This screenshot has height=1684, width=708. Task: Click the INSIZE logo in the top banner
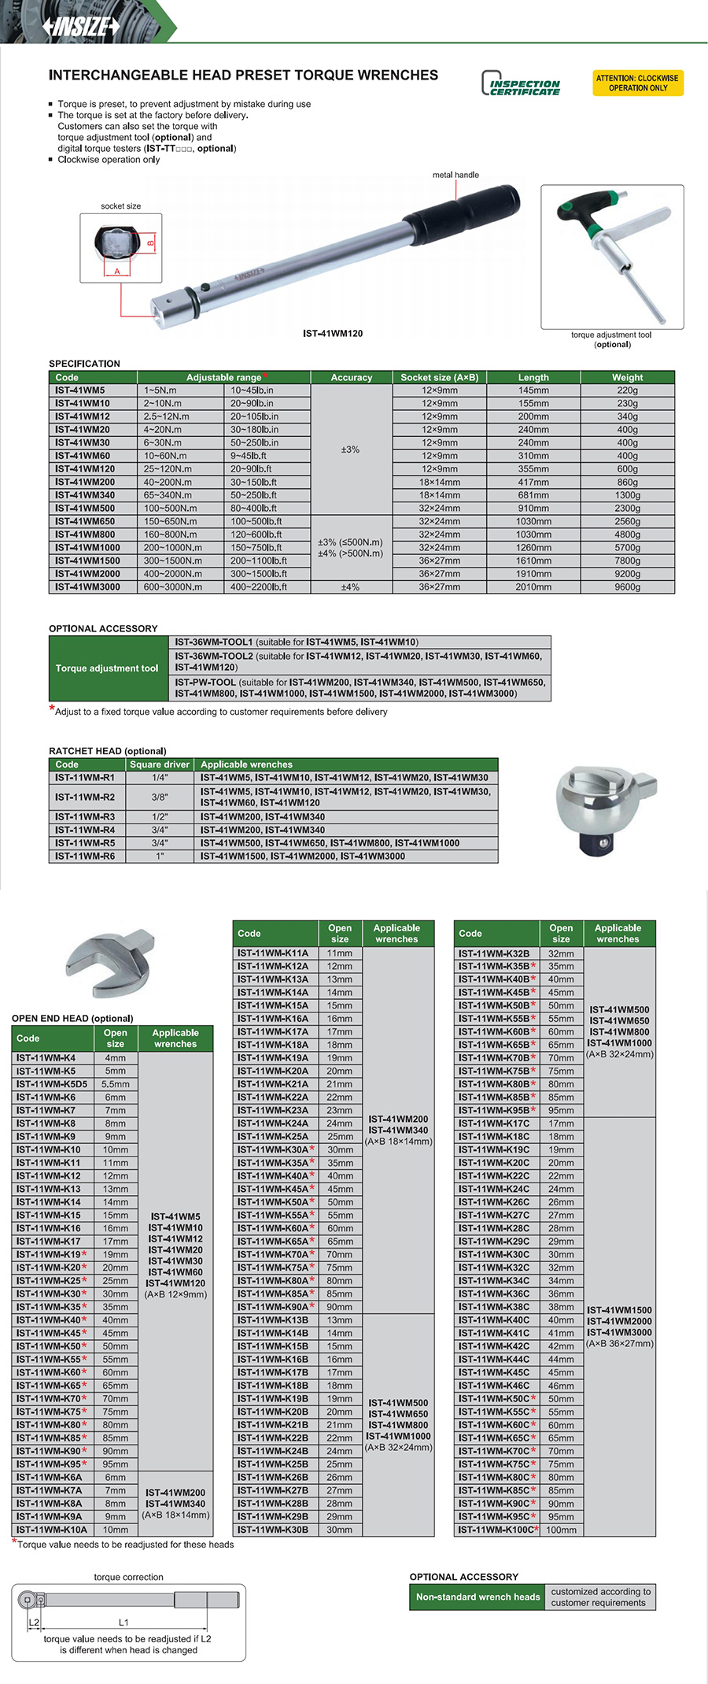(x=82, y=27)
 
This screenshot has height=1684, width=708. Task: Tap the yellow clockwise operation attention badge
(x=637, y=83)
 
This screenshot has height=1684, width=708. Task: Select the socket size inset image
(x=121, y=248)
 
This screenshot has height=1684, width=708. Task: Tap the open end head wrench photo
(x=109, y=963)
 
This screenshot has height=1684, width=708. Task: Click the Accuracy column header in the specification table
(x=351, y=378)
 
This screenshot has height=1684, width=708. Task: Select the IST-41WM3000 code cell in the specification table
(x=87, y=587)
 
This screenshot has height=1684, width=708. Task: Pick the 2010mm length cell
(x=533, y=587)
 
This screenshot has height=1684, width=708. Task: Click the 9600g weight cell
(x=627, y=587)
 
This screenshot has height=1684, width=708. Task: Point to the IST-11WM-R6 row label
(x=85, y=857)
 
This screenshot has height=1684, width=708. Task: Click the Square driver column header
(x=160, y=764)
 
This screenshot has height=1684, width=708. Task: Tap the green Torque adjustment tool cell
(x=107, y=668)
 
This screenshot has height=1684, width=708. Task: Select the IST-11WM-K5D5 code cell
(x=52, y=1084)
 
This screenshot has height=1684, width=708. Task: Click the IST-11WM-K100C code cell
(x=497, y=1530)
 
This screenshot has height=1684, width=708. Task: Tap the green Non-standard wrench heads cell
(x=478, y=1597)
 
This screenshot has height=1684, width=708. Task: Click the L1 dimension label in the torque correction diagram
(x=124, y=1622)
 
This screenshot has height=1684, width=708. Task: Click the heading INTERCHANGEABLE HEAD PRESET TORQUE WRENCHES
(x=243, y=76)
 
